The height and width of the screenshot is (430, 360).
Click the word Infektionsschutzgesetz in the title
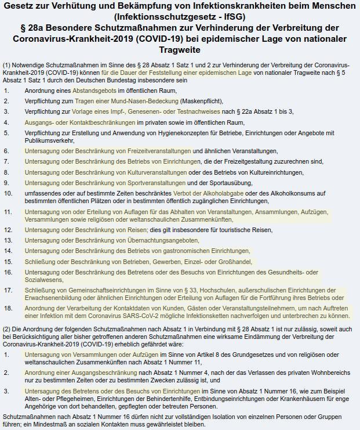coord(160,17)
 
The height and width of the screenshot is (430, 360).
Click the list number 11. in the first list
coord(8,212)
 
